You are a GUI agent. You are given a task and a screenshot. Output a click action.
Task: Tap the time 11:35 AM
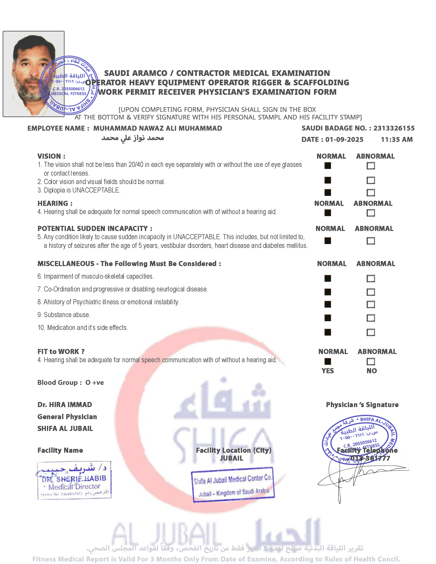(x=397, y=140)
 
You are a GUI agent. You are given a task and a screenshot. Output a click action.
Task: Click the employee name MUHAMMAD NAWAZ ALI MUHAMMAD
(x=157, y=128)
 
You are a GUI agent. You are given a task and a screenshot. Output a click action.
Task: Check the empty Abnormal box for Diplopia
(x=371, y=192)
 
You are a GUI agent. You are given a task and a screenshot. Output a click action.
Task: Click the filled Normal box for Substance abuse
(x=328, y=318)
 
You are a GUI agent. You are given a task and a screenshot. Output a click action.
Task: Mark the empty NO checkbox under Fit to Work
(x=371, y=361)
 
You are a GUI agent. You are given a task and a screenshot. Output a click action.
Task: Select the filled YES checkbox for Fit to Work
(x=328, y=361)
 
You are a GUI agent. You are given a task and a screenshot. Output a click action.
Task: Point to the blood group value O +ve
(x=95, y=382)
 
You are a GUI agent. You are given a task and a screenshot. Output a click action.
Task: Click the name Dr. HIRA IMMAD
(x=65, y=405)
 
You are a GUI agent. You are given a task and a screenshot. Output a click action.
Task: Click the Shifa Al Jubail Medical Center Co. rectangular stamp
(x=232, y=485)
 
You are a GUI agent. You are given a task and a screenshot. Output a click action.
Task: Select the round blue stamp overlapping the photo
(x=69, y=85)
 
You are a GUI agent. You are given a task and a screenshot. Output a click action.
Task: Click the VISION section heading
(x=51, y=156)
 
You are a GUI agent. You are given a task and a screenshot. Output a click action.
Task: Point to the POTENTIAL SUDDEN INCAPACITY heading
(x=95, y=228)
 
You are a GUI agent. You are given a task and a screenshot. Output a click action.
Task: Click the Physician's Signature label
(x=362, y=405)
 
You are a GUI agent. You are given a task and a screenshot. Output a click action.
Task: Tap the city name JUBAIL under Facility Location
(x=231, y=458)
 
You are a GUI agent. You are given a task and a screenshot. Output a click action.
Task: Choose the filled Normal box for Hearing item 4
(x=328, y=213)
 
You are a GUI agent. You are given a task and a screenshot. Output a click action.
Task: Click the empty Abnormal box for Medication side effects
(x=371, y=332)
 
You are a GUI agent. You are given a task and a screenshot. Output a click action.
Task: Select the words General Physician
(x=67, y=417)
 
